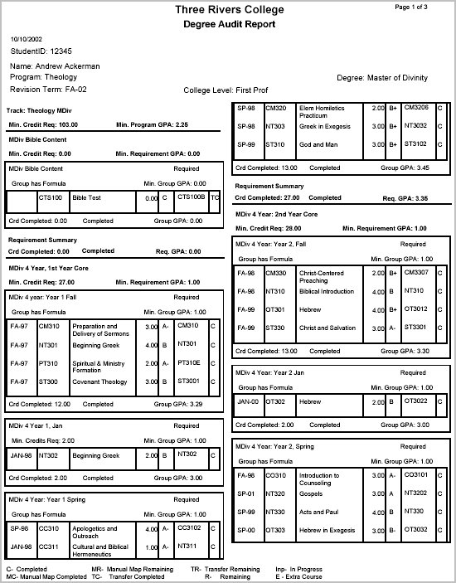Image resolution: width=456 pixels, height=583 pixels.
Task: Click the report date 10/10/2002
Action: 27,39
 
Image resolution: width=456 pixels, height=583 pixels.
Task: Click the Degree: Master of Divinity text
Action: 382,77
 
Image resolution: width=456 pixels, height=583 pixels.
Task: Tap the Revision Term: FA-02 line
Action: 46,88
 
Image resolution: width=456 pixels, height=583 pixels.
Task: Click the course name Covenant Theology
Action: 99,382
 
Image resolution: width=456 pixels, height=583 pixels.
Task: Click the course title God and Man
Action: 313,144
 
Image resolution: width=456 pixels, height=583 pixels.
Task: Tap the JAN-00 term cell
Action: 249,401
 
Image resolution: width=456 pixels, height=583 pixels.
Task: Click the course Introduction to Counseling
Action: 320,479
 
